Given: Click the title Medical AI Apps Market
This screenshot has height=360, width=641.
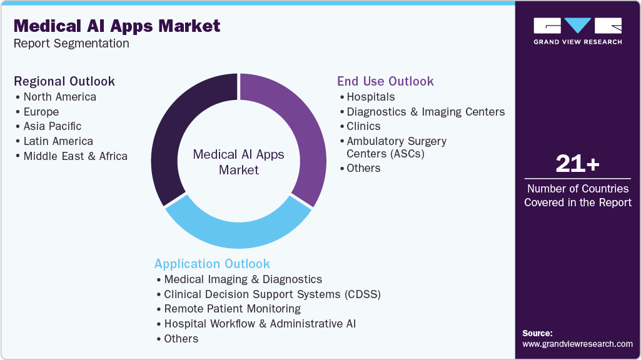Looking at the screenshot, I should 117,26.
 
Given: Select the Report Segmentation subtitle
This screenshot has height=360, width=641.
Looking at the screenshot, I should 71,44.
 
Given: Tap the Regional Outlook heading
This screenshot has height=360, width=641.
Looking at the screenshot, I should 64,81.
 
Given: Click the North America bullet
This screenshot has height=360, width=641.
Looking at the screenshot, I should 59,97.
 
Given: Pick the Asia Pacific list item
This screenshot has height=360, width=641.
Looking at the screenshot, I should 52,126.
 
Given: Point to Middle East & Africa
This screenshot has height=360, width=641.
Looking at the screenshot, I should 75,156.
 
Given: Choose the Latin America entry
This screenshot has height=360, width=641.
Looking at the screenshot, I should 58,141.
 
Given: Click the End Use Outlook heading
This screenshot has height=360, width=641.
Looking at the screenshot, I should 385,81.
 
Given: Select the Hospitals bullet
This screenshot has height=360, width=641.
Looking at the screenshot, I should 370,97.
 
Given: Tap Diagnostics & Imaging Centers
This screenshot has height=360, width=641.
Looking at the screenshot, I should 425,112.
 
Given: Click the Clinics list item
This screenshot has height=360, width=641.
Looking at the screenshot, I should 363,126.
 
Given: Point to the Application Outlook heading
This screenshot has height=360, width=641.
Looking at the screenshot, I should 212,264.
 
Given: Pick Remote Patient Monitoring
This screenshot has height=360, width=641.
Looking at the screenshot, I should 232,309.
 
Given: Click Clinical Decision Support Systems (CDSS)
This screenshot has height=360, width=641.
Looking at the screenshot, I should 272,294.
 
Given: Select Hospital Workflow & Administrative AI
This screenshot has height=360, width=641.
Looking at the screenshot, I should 260,324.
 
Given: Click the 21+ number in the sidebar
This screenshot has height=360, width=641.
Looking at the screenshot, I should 577,164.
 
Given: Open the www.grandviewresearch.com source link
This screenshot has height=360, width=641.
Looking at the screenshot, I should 577,344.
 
